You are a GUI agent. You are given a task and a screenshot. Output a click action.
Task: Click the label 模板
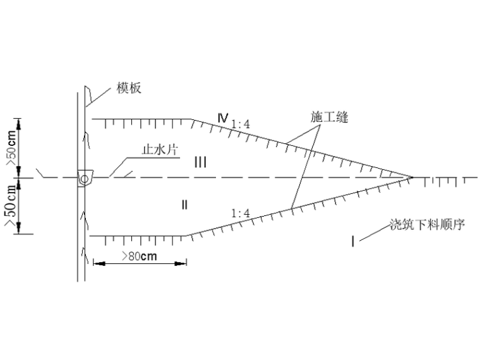point(129,88)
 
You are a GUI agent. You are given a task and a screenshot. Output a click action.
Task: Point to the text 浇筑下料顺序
point(427,225)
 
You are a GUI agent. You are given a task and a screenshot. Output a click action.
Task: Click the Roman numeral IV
point(222,118)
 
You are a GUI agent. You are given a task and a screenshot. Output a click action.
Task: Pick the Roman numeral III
point(200,163)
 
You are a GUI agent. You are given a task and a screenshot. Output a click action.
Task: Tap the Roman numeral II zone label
point(184,203)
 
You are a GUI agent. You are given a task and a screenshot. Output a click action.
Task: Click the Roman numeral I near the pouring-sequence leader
point(352,241)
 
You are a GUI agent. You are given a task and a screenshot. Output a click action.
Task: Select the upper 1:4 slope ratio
point(241,124)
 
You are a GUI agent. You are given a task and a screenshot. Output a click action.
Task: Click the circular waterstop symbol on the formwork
point(83,179)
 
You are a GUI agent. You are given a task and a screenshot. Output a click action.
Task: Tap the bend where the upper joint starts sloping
point(192,119)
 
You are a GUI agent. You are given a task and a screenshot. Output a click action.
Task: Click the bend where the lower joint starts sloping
point(187,236)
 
